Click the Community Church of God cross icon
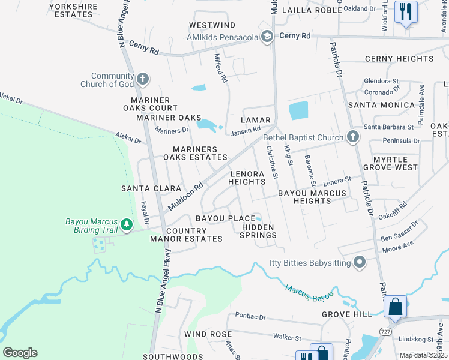pyautogui.click(x=143, y=79)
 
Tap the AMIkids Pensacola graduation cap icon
pyautogui.click(x=267, y=37)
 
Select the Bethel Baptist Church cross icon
pyautogui.click(x=353, y=137)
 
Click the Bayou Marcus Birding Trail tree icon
pyautogui.click(x=126, y=225)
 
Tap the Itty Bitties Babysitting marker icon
pyautogui.click(x=360, y=262)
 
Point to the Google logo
pyautogui.click(x=20, y=353)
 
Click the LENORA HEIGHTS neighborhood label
pyautogui.click(x=247, y=178)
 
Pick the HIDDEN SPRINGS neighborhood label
pyautogui.click(x=259, y=231)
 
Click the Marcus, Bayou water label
pyautogui.click(x=309, y=293)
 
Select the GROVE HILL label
pyautogui.click(x=347, y=314)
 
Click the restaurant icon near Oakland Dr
pyautogui.click(x=406, y=11)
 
